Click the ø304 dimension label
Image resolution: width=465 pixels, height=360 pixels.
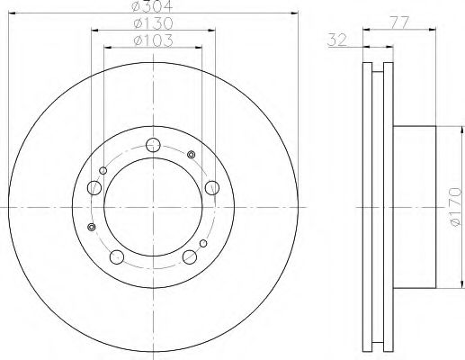pos(153,5)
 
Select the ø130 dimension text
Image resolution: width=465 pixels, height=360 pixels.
pos(153,23)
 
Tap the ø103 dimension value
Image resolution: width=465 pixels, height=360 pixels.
pos(153,40)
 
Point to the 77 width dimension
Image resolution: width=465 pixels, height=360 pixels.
pos(399,22)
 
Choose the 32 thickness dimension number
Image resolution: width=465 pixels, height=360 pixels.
pos(337,40)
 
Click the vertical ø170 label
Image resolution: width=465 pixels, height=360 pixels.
pos(456,207)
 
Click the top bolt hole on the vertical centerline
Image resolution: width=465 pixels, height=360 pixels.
pos(153,145)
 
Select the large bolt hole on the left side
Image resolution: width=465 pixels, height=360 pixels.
pos(94,188)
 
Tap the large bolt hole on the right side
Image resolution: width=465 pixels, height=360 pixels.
pos(212,188)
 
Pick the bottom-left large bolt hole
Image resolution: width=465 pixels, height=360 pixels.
pos(117,257)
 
